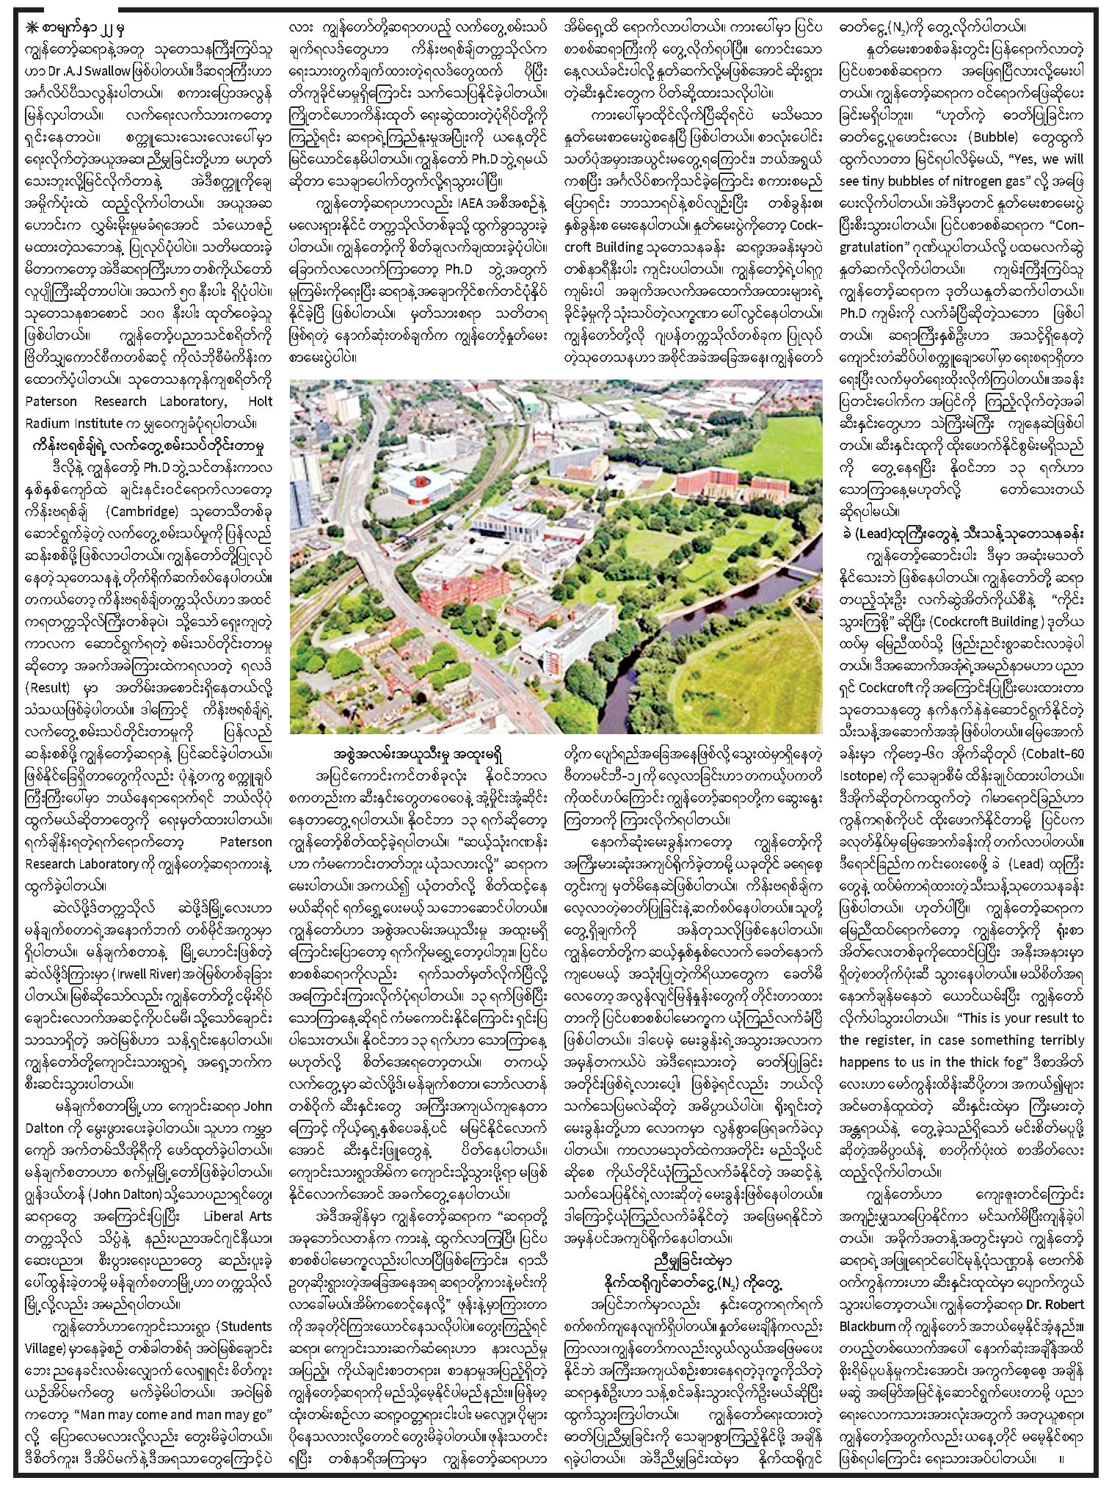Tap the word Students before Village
tap(243, 1327)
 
